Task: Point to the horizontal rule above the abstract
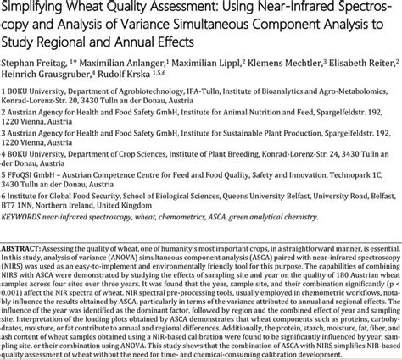[x=201, y=250]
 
